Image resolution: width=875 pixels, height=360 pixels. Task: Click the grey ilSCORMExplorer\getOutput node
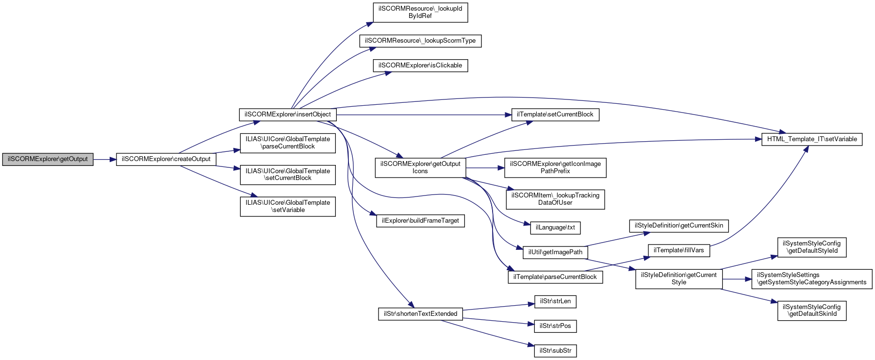[x=48, y=159]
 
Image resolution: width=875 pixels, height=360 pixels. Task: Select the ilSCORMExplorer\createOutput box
[x=166, y=159]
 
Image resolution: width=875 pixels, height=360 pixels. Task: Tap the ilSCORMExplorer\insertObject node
[x=288, y=115]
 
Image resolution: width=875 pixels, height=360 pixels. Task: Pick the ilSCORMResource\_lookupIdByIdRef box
[x=420, y=13]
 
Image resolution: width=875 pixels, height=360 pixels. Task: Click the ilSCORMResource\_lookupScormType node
[x=420, y=41]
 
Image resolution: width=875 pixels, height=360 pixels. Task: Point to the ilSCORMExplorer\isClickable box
[x=420, y=65]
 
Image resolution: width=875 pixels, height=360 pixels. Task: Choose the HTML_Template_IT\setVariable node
[x=812, y=139]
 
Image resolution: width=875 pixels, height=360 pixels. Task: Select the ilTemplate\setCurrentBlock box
[x=555, y=115]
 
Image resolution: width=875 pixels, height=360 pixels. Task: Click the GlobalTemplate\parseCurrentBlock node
[x=288, y=143]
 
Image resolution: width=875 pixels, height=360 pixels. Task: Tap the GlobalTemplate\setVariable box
[x=288, y=206]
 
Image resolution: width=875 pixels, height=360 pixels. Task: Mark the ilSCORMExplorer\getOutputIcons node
[x=420, y=167]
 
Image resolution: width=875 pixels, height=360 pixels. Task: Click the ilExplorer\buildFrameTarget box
[x=420, y=221]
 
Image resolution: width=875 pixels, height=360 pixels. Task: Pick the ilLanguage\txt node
[x=555, y=228]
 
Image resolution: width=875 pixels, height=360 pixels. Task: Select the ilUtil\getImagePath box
[x=555, y=252]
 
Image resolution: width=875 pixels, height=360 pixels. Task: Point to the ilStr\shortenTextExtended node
[x=420, y=314]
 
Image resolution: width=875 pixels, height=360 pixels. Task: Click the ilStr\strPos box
[x=555, y=326]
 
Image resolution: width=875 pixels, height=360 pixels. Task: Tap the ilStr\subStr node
[x=555, y=351]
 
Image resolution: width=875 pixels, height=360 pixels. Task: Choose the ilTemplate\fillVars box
[x=678, y=250]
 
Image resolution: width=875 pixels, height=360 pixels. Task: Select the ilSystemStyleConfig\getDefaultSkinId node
[x=812, y=311]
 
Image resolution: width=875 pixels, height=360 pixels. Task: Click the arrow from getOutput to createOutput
[x=105, y=159]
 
